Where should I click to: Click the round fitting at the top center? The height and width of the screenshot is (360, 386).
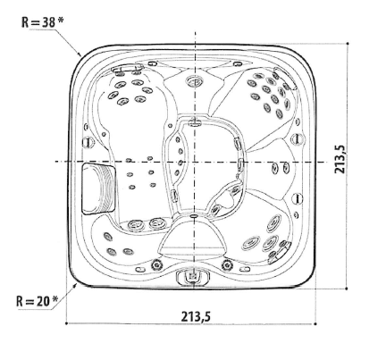(194, 81)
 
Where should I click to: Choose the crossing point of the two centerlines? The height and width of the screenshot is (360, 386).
(194, 162)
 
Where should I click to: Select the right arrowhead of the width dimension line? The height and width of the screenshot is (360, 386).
(317, 324)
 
